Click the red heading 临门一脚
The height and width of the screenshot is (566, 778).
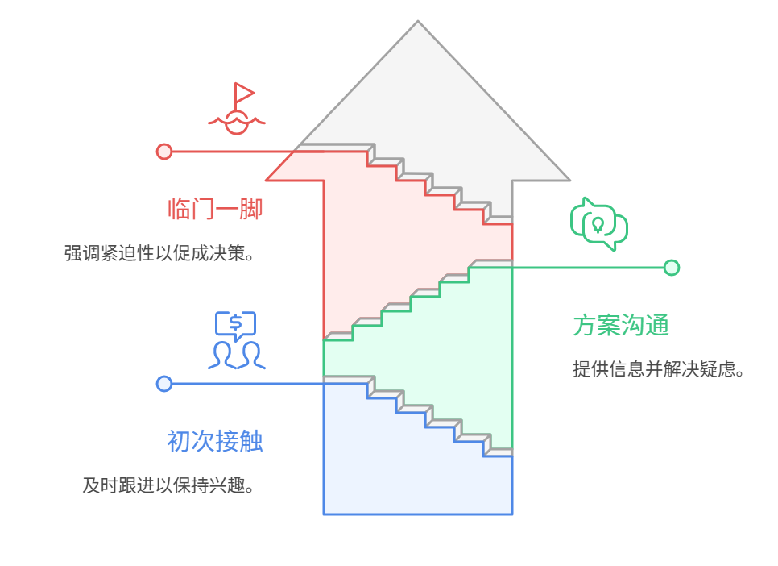tap(215, 210)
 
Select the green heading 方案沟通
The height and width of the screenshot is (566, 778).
tap(621, 326)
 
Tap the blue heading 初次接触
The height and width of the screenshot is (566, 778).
tap(215, 442)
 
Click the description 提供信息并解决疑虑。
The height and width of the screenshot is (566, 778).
tap(657, 370)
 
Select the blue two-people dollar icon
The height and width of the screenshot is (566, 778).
tap(236, 340)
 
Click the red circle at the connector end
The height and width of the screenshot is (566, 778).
tap(164, 152)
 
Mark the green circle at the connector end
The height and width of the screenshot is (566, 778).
tap(671, 268)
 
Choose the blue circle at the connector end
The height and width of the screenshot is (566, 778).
tap(164, 384)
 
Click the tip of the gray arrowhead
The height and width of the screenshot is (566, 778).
tap(418, 23)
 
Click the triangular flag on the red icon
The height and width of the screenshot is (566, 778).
tap(243, 91)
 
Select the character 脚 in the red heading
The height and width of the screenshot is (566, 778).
tap(251, 210)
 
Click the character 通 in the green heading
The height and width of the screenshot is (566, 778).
tap(657, 326)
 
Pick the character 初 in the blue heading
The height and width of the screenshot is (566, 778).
tap(179, 442)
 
